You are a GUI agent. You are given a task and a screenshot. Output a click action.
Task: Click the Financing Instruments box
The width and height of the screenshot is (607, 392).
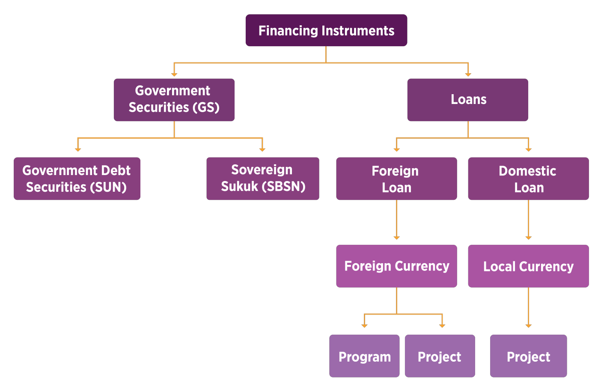click(326, 30)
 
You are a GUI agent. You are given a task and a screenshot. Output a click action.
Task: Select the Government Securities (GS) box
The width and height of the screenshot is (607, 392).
click(174, 100)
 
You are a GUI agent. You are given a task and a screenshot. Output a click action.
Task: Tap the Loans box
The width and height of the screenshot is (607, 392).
click(467, 100)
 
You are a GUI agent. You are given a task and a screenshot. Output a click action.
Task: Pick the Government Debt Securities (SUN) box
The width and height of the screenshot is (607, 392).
click(77, 178)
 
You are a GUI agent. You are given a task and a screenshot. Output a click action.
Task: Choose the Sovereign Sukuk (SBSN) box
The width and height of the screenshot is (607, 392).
click(262, 178)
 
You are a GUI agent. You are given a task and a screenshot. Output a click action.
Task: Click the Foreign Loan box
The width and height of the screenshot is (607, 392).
click(396, 178)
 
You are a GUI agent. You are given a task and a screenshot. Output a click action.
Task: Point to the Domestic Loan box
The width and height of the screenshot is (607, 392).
click(528, 178)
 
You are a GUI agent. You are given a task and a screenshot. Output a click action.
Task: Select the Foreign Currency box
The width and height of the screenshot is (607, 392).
click(396, 266)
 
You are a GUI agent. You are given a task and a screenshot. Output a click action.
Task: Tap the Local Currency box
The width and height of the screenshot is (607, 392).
click(528, 266)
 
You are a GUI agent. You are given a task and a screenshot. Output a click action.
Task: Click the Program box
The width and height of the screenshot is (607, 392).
click(364, 356)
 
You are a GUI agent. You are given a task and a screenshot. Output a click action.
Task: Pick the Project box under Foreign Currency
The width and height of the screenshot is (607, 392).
click(440, 356)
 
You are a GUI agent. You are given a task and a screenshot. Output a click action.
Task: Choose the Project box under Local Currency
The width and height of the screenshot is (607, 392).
click(528, 356)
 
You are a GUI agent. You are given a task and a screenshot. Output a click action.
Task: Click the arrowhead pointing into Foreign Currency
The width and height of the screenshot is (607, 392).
click(397, 238)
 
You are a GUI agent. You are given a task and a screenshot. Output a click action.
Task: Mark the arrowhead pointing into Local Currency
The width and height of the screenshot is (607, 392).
click(529, 238)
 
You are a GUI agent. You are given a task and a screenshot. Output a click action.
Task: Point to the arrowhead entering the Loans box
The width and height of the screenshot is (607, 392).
click(468, 74)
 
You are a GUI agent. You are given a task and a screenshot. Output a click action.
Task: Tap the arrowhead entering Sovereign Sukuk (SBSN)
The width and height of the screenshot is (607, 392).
click(262, 149)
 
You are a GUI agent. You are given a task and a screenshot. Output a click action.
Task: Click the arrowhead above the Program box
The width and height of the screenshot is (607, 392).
click(364, 326)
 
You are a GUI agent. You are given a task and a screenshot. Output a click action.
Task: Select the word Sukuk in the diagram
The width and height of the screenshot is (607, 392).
click(239, 187)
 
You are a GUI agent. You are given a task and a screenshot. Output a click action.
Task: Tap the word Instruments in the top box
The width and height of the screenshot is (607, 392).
click(358, 31)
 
